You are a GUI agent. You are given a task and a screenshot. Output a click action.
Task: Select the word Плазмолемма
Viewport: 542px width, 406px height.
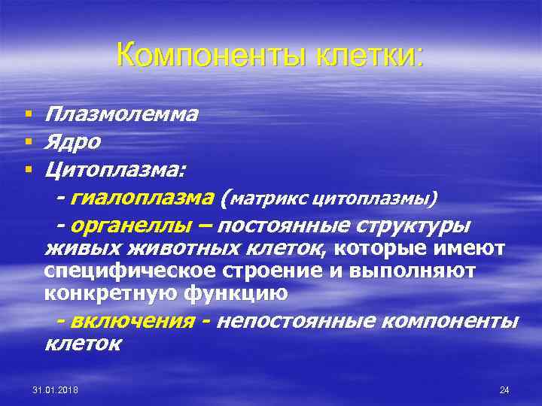click(x=121, y=114)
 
